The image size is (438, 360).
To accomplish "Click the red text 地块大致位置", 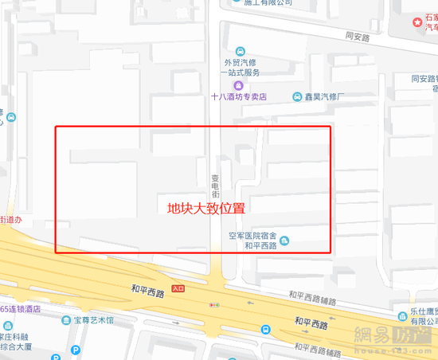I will tap(205, 209).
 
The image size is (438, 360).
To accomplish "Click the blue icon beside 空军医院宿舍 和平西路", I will tap(285, 241).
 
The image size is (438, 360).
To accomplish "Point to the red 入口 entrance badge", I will tap(178, 289).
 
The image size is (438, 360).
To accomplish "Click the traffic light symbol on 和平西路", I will tap(213, 304).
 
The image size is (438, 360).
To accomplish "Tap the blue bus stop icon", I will tap(264, 327).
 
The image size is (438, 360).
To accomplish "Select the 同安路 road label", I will tap(360, 36).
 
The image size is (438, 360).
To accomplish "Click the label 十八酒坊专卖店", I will tap(237, 97).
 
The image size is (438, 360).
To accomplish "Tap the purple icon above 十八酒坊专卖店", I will tap(237, 85).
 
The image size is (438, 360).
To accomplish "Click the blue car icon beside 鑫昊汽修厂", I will tap(297, 96).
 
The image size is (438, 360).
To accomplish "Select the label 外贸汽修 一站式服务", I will tap(241, 67).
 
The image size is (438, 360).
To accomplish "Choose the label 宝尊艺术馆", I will tap(88, 320).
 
